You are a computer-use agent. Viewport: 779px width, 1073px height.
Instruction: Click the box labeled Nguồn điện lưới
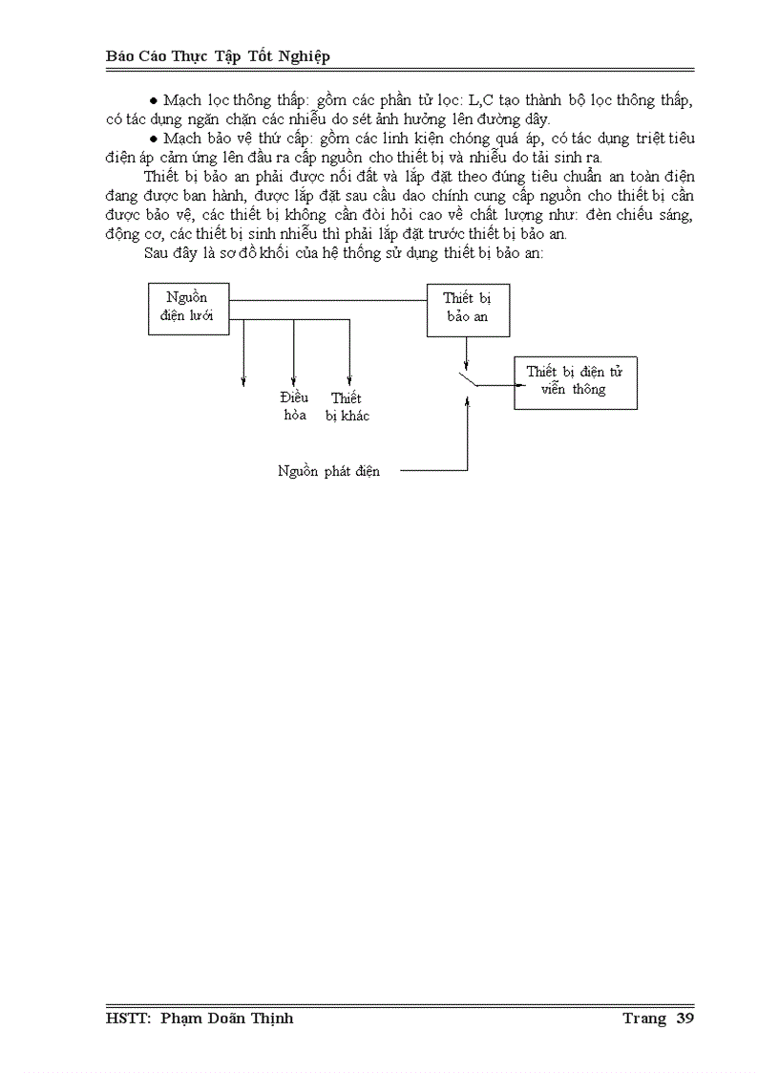[x=189, y=309]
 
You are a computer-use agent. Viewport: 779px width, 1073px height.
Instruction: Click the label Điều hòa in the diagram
[x=294, y=406]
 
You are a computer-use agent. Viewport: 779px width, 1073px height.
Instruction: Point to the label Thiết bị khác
[x=347, y=406]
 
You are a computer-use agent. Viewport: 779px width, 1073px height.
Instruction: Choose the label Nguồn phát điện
[x=328, y=471]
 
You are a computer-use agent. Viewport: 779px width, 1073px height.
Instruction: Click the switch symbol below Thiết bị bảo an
[x=467, y=380]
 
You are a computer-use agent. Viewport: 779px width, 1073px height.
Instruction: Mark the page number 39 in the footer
[x=684, y=1019]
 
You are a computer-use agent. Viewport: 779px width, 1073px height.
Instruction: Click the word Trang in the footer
[x=643, y=1019]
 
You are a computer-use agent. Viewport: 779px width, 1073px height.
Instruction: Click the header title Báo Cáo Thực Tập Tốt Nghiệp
[x=218, y=56]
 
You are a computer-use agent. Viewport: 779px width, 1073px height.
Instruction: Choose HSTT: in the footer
[x=129, y=1019]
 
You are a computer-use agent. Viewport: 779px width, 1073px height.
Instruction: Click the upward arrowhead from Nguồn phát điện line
[x=467, y=404]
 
